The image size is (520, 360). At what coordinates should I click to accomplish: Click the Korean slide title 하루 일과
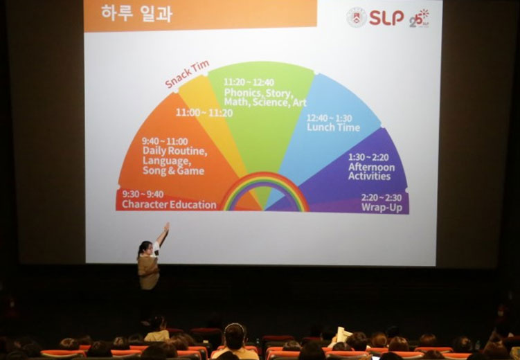(x=136, y=13)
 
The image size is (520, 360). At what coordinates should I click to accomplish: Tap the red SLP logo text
(x=386, y=17)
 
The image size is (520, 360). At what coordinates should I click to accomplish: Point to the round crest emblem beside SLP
(x=357, y=17)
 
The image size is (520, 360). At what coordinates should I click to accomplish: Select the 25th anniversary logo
(x=419, y=19)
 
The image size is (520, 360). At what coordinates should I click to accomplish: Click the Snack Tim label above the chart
(x=187, y=73)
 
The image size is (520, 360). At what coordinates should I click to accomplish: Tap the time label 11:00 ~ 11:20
(x=204, y=113)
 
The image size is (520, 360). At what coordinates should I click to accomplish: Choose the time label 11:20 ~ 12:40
(x=249, y=82)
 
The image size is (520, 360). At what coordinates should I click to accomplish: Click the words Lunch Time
(x=333, y=127)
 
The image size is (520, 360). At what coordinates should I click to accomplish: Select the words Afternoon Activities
(x=371, y=172)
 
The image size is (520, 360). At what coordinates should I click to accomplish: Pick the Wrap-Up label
(x=382, y=208)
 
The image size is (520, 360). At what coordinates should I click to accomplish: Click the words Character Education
(x=169, y=204)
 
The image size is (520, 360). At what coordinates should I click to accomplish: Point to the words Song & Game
(x=173, y=171)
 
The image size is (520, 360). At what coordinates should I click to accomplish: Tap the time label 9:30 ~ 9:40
(x=143, y=194)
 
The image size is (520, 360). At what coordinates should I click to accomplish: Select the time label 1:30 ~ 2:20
(x=368, y=157)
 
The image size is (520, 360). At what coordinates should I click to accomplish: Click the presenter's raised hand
(x=166, y=227)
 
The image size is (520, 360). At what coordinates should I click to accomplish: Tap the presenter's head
(x=145, y=247)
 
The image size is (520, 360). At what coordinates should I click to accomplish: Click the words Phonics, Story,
(x=258, y=93)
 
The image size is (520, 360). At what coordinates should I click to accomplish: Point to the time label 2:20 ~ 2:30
(x=382, y=198)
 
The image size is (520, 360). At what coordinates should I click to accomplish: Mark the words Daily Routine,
(x=174, y=151)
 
